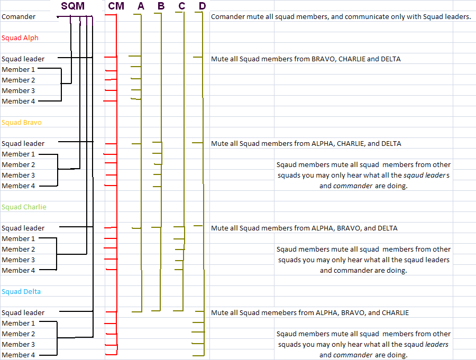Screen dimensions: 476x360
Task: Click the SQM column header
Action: [x=73, y=6]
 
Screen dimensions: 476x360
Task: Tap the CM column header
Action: [x=116, y=6]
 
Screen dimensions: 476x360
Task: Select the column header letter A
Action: [x=141, y=6]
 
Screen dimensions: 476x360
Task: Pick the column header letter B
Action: [x=161, y=6]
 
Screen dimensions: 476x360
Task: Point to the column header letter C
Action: [x=182, y=6]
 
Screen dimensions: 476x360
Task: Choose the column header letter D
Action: [x=203, y=6]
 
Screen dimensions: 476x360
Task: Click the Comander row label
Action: [x=19, y=17]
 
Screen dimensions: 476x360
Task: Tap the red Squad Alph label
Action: [x=20, y=38]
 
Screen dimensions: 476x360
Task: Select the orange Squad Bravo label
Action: [x=22, y=123]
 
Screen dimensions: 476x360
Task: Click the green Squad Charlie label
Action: [x=24, y=207]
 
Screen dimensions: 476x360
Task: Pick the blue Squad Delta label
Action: [x=21, y=292]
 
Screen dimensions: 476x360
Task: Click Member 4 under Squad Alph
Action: [x=18, y=101]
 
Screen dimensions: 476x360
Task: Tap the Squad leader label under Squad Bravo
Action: [x=23, y=144]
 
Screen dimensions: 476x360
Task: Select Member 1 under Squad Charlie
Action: [x=18, y=239]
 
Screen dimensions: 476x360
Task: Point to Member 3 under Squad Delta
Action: [x=18, y=345]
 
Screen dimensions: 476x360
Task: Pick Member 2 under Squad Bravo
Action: [x=18, y=165]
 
